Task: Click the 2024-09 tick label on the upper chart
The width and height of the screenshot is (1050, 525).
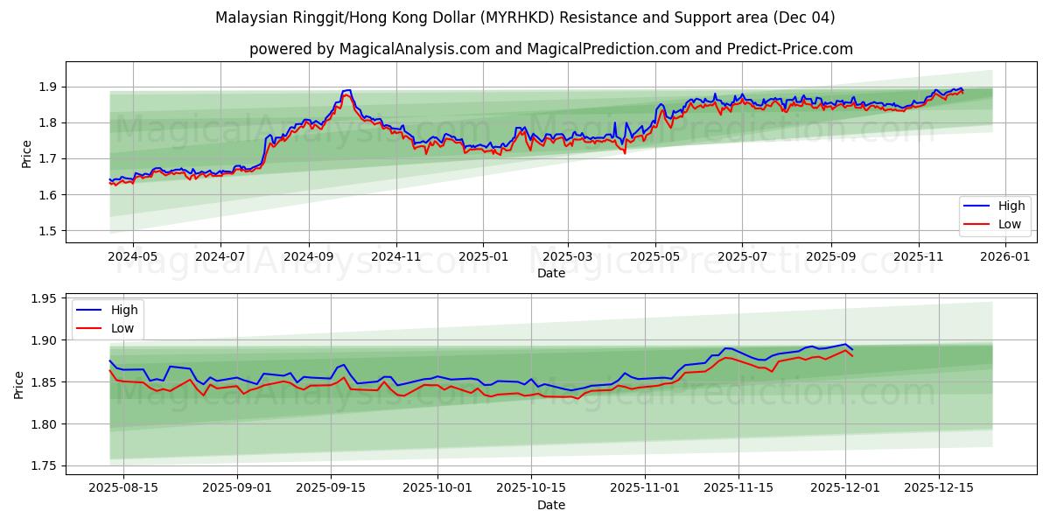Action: pyautogui.click(x=309, y=256)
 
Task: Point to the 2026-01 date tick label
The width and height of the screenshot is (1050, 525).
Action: pyautogui.click(x=1005, y=256)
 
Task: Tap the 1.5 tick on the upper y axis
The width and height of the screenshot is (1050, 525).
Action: pyautogui.click(x=46, y=231)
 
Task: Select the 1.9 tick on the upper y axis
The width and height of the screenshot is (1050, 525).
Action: pyautogui.click(x=46, y=87)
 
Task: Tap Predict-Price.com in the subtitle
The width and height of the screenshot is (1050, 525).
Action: pyautogui.click(x=790, y=49)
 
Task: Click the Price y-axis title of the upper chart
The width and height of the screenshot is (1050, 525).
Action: pyautogui.click(x=26, y=154)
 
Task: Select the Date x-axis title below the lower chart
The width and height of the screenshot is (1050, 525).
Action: pyautogui.click(x=551, y=505)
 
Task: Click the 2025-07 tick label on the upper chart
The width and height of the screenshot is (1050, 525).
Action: pyautogui.click(x=742, y=256)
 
